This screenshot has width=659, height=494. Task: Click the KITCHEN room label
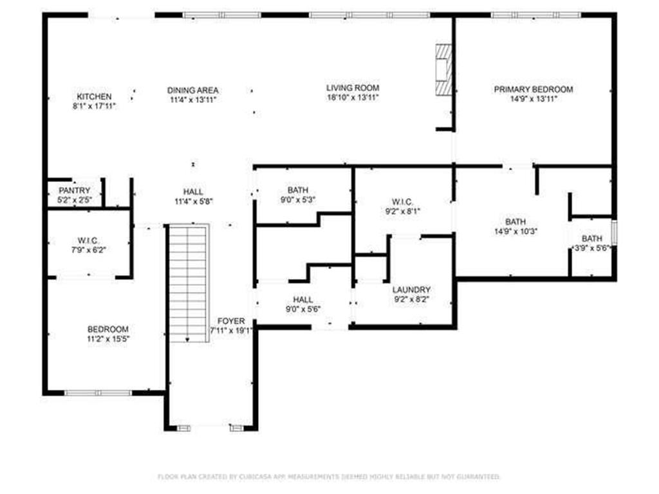tap(95, 96)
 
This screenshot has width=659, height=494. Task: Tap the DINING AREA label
tap(193, 90)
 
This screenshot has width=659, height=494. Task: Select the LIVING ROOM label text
tap(352, 87)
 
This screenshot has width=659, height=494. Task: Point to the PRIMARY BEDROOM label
tap(533, 89)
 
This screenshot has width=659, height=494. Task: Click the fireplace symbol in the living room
tap(443, 69)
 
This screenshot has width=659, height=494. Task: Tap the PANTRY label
tap(75, 191)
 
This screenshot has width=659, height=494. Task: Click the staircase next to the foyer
tap(188, 283)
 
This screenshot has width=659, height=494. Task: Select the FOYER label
tap(230, 321)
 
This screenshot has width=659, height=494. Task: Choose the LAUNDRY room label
tap(411, 290)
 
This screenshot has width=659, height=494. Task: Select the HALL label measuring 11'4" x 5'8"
tap(192, 192)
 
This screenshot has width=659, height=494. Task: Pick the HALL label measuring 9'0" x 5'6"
tap(302, 300)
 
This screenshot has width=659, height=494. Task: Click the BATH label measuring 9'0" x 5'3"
tap(298, 190)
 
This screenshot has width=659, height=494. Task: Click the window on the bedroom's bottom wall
tap(98, 392)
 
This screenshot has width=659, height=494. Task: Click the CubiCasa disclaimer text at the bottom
tap(329, 477)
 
